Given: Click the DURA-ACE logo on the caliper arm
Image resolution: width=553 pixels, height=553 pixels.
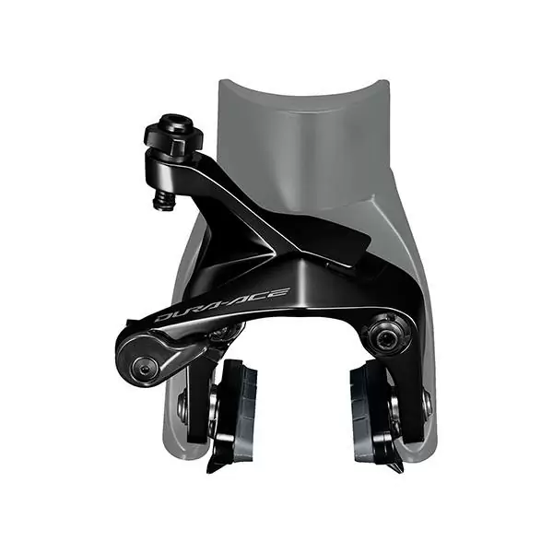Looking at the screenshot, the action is [x=222, y=305].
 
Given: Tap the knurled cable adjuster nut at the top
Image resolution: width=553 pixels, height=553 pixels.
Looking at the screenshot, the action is [x=174, y=135].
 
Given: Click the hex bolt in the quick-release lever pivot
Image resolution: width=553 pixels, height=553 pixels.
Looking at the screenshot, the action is [x=144, y=367].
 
